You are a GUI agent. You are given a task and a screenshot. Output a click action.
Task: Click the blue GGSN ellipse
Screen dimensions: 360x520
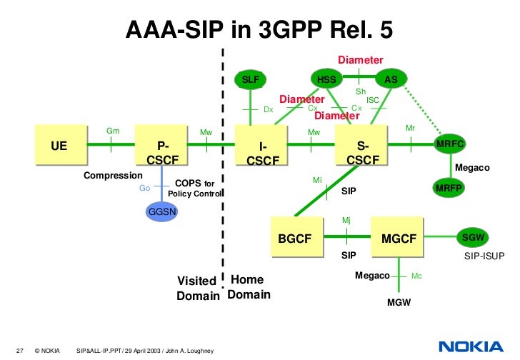point(163,212)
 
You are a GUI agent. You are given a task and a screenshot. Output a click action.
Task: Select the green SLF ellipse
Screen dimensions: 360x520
point(251,79)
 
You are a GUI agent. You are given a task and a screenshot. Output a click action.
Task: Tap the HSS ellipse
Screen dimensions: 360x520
point(326,79)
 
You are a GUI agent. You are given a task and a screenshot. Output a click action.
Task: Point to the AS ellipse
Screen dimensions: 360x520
point(391,79)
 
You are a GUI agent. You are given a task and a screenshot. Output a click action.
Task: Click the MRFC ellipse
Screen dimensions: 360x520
point(450,144)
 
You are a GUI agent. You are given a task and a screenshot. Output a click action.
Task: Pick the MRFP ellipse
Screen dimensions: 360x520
point(450,189)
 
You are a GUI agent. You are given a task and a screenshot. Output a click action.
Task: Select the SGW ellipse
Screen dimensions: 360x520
point(473,236)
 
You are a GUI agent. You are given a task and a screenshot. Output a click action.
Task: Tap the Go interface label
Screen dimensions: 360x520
point(144,189)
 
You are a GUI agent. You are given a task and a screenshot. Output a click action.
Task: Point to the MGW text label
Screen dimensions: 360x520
point(398,303)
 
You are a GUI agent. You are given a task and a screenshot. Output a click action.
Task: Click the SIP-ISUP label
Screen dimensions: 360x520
point(483,255)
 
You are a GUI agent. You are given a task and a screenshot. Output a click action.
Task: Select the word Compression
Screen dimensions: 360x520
point(113,175)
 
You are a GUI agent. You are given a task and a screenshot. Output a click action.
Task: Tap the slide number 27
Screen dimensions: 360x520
point(20,350)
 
